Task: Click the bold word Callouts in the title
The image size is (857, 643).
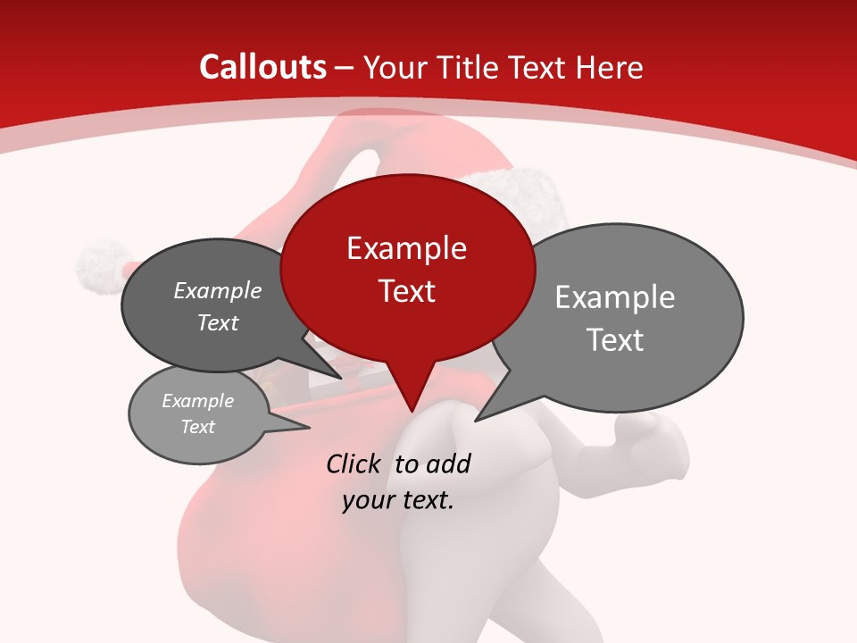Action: coord(262,67)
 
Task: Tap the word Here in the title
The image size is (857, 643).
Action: coord(610,67)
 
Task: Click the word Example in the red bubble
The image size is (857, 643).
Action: coord(406,248)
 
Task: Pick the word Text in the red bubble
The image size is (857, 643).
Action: coord(406,291)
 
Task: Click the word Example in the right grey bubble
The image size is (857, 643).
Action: coord(615,297)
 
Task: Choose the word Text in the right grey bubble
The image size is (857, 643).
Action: coord(615,340)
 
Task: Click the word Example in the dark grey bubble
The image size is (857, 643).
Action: coord(218,290)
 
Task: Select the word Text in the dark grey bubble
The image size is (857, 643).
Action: coord(218,322)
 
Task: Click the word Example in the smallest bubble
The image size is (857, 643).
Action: coord(198,401)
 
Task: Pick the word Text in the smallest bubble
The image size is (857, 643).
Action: coord(198,427)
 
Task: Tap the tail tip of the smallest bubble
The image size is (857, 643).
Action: coord(309,429)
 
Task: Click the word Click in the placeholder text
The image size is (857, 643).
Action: coord(355,463)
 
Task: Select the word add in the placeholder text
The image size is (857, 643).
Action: coord(448,463)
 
